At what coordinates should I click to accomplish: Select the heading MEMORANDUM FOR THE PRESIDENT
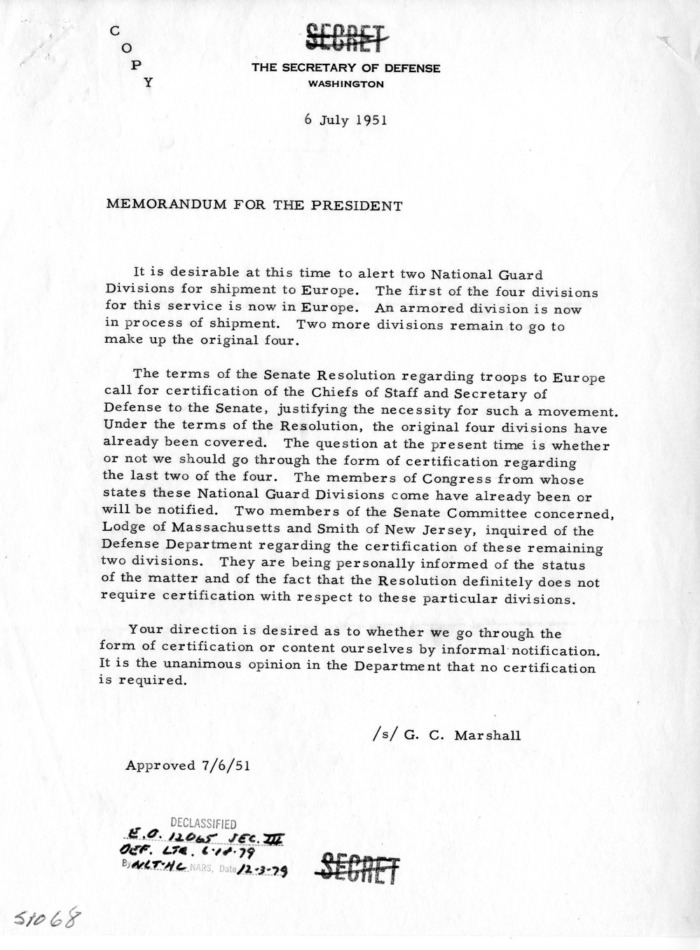point(254,206)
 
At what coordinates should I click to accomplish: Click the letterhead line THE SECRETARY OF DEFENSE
point(346,69)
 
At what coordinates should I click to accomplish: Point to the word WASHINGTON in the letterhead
point(346,84)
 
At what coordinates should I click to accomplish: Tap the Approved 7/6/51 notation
point(186,766)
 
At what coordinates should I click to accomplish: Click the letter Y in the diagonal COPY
point(148,81)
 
